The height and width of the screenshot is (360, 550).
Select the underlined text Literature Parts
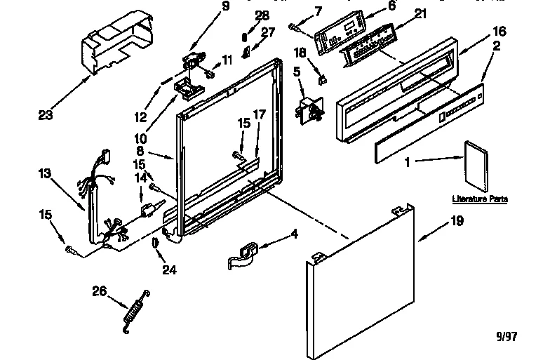(x=480, y=199)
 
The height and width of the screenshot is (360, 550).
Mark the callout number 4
(x=295, y=234)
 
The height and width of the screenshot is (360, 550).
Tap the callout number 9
(x=206, y=7)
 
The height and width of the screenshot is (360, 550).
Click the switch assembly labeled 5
(x=309, y=109)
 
